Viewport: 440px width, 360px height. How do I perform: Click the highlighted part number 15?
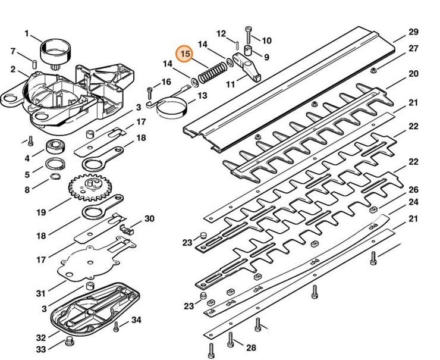coord(185,54)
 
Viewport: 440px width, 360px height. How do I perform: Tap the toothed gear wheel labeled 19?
coord(90,187)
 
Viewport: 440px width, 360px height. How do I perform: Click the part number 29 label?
coord(413,32)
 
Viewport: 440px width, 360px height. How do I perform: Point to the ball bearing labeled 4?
coord(55,146)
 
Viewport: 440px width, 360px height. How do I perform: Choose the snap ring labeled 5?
coord(55,164)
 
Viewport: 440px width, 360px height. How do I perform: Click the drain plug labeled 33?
coord(69,342)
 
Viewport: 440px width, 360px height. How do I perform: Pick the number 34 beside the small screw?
coord(136,320)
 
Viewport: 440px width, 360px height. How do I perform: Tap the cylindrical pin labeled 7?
coord(34,63)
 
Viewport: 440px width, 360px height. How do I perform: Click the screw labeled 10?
coord(249,35)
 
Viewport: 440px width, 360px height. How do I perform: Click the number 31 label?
coord(41,293)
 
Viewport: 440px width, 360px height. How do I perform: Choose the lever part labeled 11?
coord(247,67)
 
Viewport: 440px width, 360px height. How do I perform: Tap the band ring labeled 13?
coord(172,107)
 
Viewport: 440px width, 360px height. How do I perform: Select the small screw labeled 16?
coord(150,93)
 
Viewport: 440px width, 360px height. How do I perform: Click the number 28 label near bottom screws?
coord(251,348)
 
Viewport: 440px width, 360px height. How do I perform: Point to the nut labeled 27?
coord(373,70)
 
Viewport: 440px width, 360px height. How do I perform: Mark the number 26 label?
coord(413,190)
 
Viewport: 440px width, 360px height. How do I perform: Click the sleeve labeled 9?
coord(248,51)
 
